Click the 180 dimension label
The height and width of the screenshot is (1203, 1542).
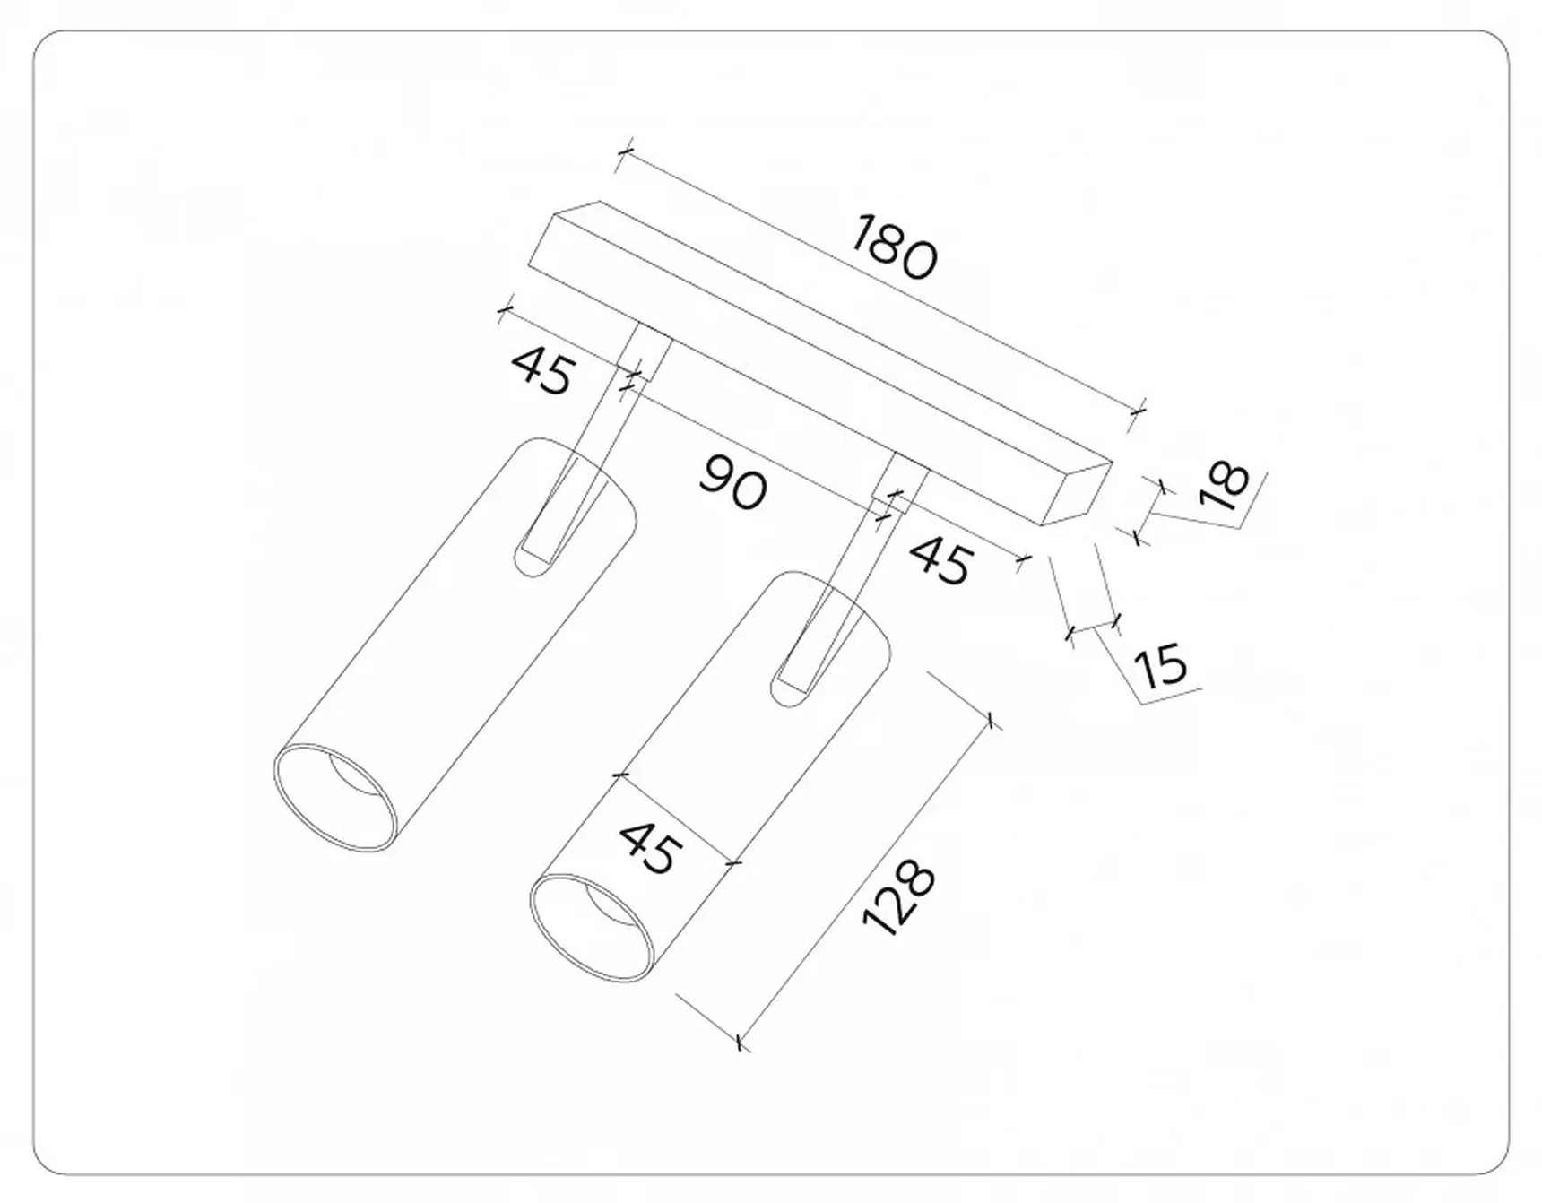pyautogui.click(x=894, y=247)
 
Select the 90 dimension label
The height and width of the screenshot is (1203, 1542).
pyautogui.click(x=733, y=482)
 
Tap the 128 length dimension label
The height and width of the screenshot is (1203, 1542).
pyautogui.click(x=898, y=899)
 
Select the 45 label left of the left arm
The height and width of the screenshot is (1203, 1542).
pyautogui.click(x=542, y=369)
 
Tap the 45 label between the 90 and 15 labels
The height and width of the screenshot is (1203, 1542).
pyautogui.click(x=940, y=561)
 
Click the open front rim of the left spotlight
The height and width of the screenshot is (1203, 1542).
pyautogui.click(x=334, y=797)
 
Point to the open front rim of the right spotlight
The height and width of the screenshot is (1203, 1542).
pyautogui.click(x=592, y=929)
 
